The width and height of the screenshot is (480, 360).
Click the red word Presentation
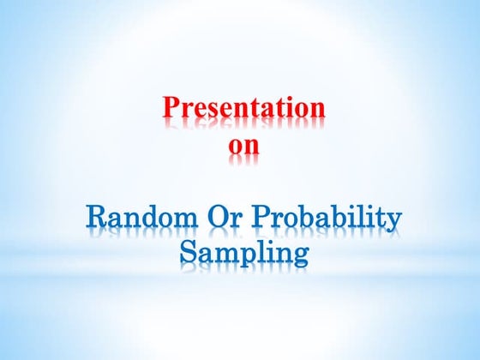tap(243, 111)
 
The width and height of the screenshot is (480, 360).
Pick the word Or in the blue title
tap(223, 219)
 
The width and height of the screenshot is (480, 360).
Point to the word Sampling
tap(243, 255)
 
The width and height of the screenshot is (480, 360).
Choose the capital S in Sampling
tap(189, 253)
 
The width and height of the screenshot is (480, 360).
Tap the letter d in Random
tap(147, 219)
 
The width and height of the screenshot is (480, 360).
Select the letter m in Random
tap(182, 222)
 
